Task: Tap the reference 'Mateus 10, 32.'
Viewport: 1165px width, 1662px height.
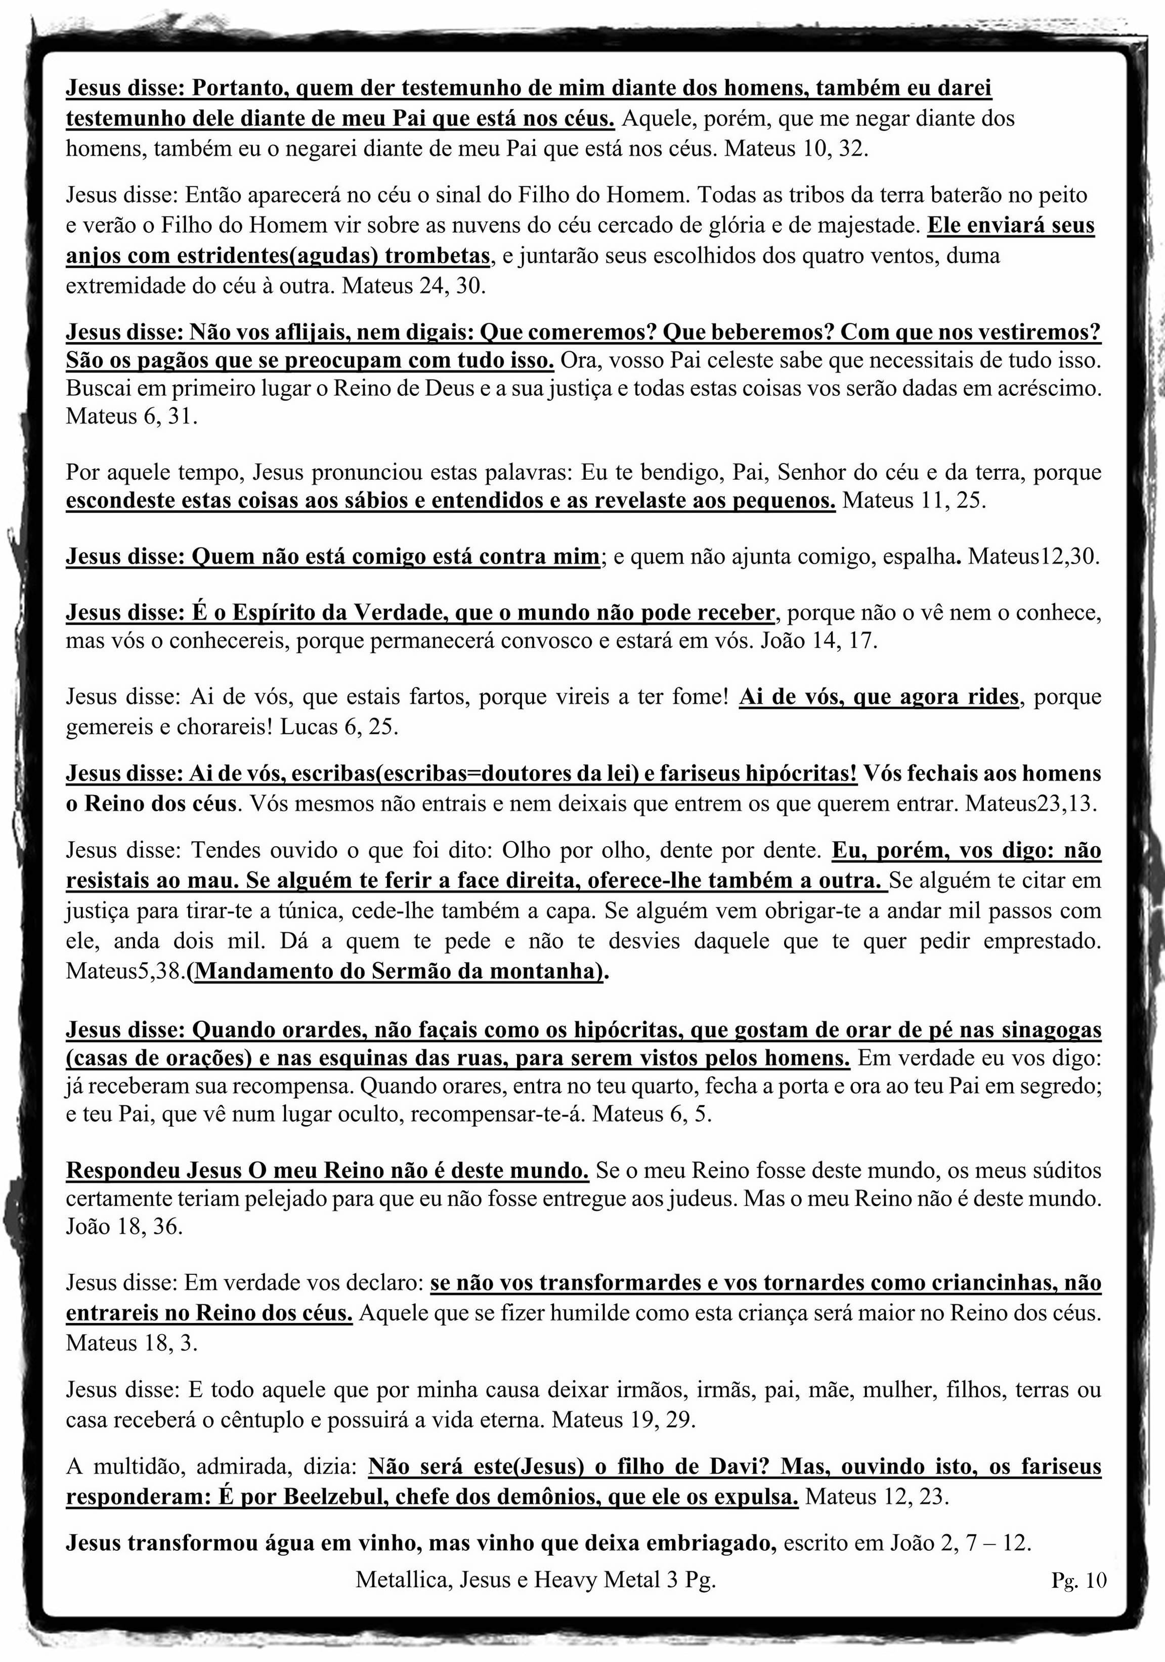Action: tap(796, 149)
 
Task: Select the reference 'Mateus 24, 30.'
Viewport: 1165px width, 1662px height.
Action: tap(414, 286)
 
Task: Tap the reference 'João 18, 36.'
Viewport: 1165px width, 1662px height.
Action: tap(124, 1227)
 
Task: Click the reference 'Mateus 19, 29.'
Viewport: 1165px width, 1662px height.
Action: tap(623, 1420)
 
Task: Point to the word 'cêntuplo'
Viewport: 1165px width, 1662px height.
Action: tap(274, 1420)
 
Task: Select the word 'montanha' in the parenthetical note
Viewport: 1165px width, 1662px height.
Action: tap(546, 971)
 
